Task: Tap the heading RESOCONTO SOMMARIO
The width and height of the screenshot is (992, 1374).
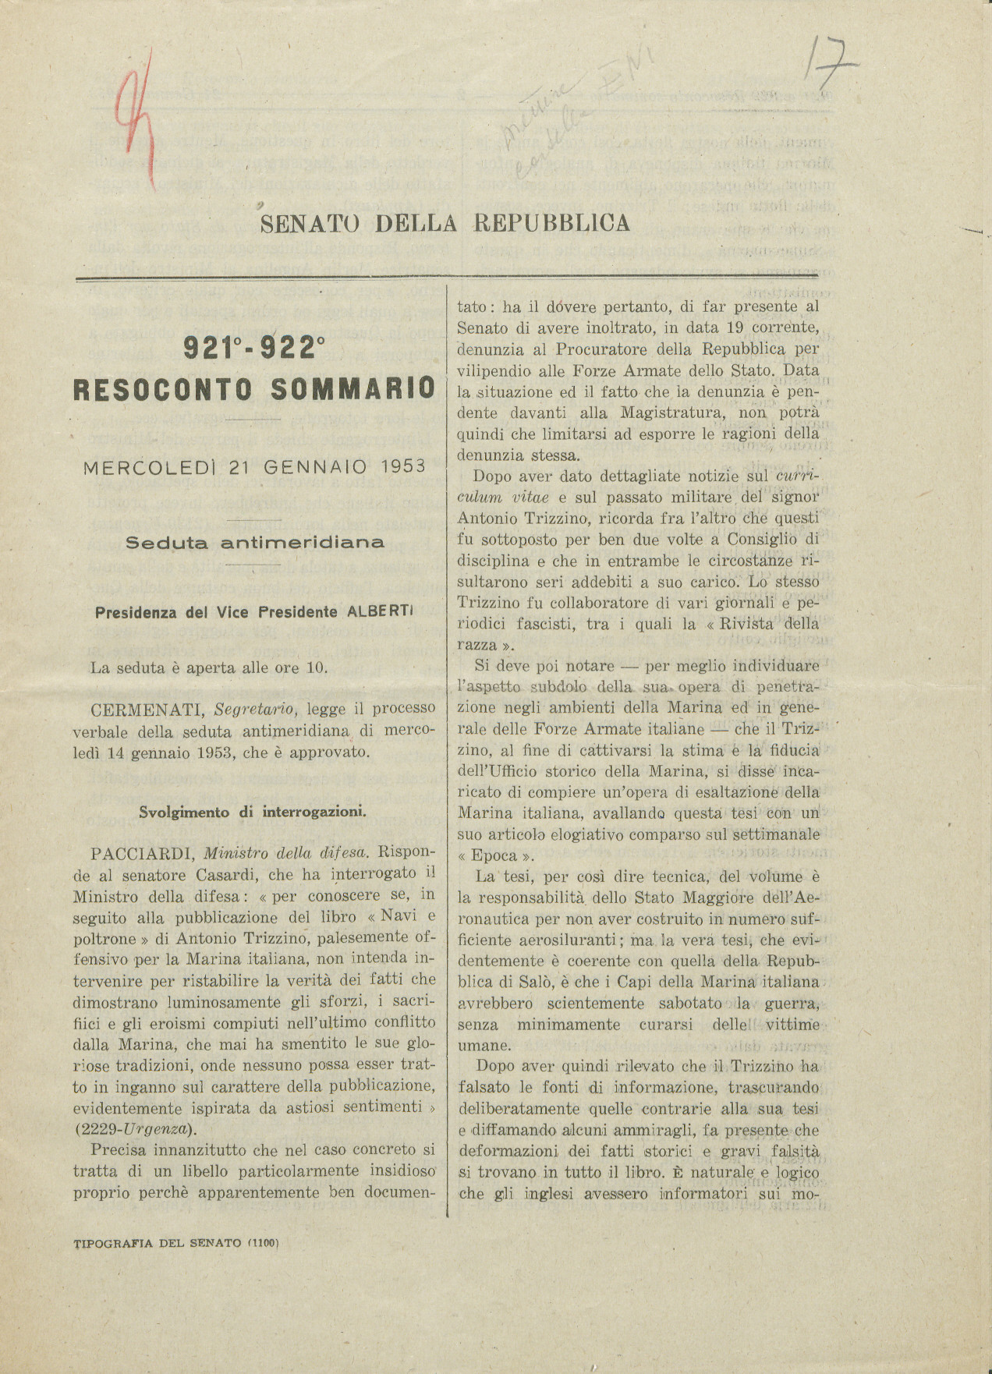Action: [x=253, y=388]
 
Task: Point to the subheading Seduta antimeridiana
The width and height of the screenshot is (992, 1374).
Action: [x=254, y=543]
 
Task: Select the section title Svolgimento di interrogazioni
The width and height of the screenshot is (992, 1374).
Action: [x=253, y=812]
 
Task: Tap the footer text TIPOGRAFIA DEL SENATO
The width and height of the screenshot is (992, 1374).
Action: [x=157, y=1243]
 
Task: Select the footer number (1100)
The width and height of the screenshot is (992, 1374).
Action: [x=263, y=1243]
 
